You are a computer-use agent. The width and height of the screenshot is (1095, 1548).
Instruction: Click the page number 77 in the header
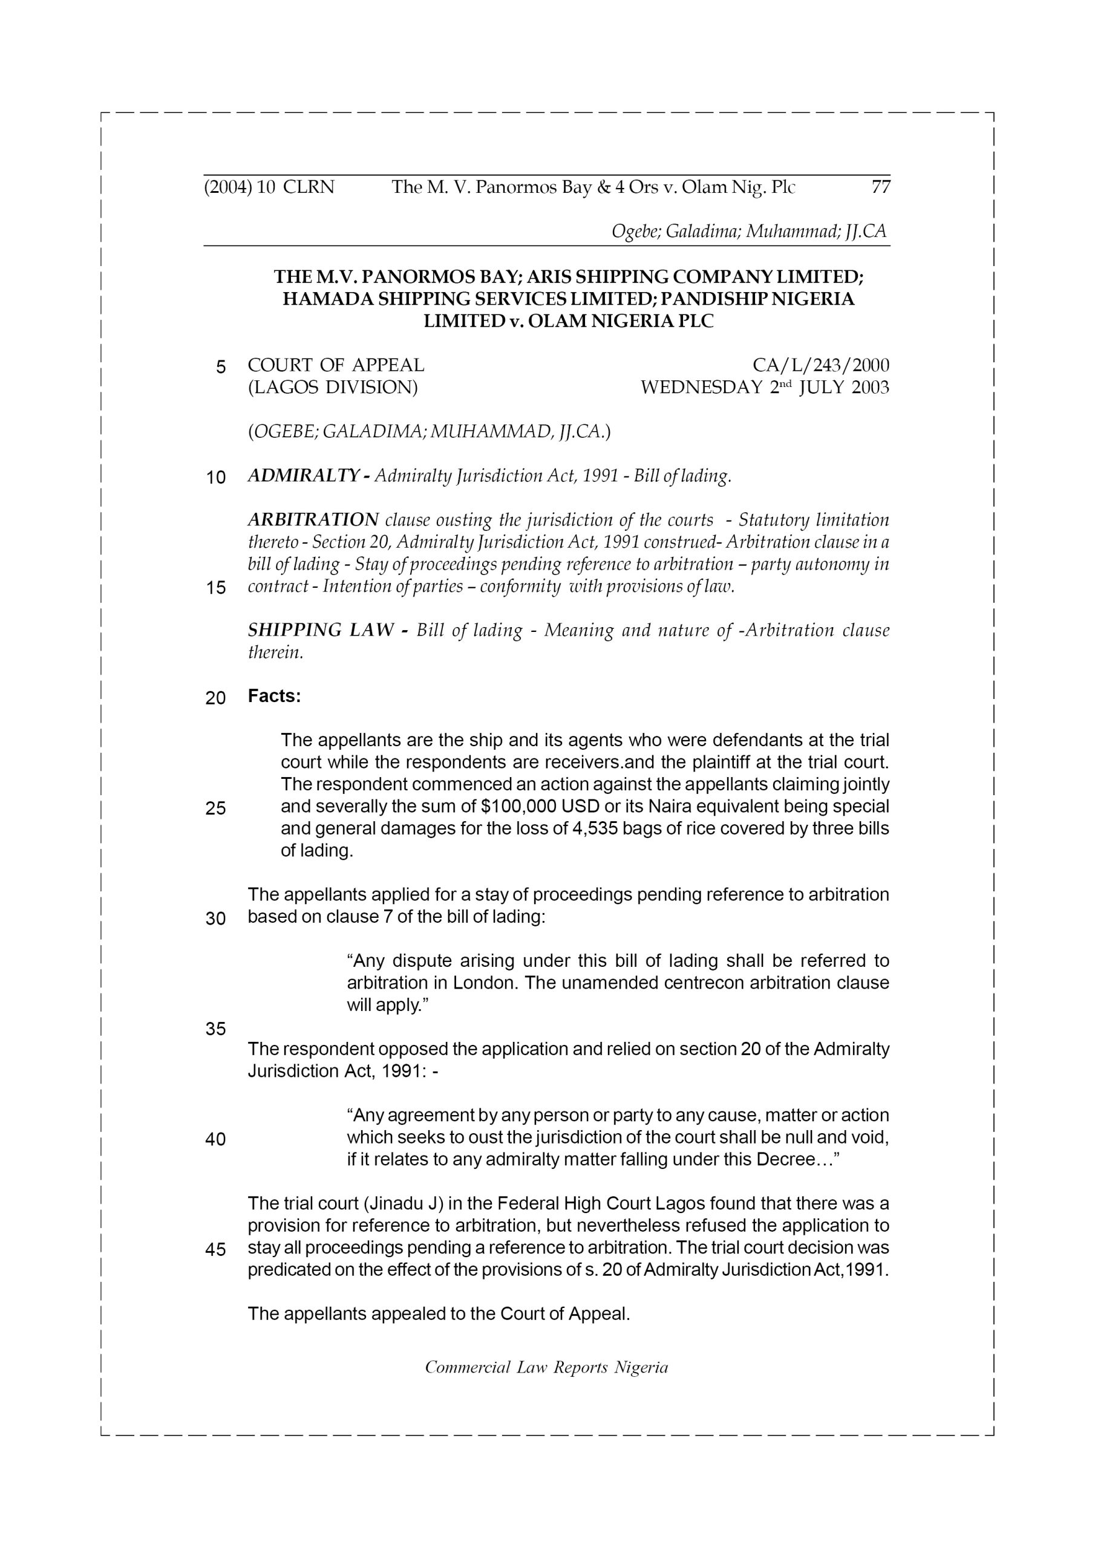pyautogui.click(x=880, y=187)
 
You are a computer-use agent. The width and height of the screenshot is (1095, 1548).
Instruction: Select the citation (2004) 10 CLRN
pyautogui.click(x=269, y=187)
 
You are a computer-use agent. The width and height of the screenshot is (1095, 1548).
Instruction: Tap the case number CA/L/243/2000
pyautogui.click(x=820, y=365)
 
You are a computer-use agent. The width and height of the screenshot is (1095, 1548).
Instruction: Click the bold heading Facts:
pyautogui.click(x=274, y=696)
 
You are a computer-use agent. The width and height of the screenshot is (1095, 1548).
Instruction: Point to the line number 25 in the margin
pyautogui.click(x=215, y=808)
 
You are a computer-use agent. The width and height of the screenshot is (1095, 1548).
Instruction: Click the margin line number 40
pyautogui.click(x=215, y=1139)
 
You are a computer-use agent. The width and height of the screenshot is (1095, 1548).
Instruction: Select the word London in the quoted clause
pyautogui.click(x=485, y=983)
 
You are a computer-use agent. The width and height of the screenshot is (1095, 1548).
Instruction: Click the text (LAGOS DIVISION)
pyautogui.click(x=333, y=388)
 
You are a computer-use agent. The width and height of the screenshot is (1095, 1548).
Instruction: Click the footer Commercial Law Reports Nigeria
pyautogui.click(x=546, y=1367)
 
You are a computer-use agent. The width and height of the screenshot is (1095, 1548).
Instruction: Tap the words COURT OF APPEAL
pyautogui.click(x=336, y=365)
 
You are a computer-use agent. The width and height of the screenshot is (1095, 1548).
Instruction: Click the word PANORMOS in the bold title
pyautogui.click(x=434, y=276)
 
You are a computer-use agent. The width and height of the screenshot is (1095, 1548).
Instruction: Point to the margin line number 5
pyautogui.click(x=221, y=367)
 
